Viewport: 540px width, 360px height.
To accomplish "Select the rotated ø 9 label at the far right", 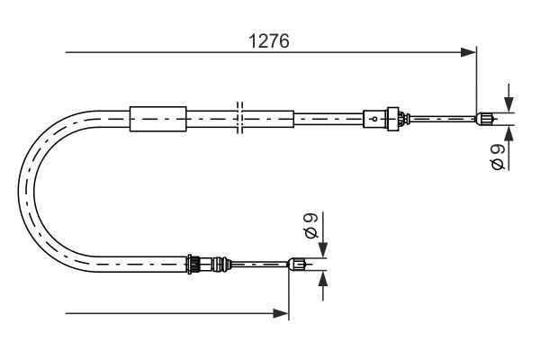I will pyautogui.click(x=498, y=158).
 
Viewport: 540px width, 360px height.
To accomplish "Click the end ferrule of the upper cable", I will pyautogui.click(x=484, y=117).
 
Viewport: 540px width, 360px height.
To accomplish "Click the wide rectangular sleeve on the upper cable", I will pyautogui.click(x=158, y=117).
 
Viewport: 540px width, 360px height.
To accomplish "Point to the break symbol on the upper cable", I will pyautogui.click(x=238, y=117).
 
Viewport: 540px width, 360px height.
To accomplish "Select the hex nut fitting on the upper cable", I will pyautogui.click(x=391, y=117).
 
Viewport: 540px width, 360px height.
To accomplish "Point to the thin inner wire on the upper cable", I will pyautogui.click(x=441, y=117).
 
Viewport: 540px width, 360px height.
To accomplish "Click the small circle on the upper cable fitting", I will pyautogui.click(x=373, y=117).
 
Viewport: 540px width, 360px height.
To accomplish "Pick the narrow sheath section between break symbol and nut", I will pyautogui.click(x=328, y=117).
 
